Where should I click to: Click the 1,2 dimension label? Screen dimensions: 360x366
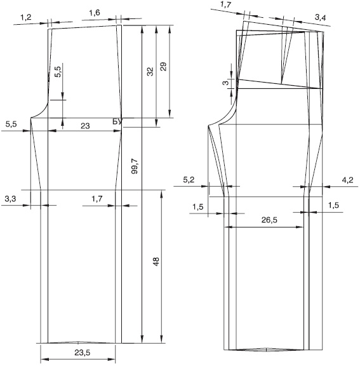click(26, 17)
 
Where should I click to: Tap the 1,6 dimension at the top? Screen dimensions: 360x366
click(95, 13)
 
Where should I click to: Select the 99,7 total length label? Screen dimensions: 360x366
click(135, 166)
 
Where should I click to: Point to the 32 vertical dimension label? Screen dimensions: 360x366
click(150, 71)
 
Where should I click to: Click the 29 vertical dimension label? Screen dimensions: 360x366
click(163, 67)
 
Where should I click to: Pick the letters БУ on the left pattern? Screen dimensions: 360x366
click(117, 121)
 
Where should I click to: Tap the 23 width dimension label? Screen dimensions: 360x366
click(85, 126)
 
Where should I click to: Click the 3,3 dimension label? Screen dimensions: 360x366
click(10, 199)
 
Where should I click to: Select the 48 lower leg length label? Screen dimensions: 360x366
click(156, 261)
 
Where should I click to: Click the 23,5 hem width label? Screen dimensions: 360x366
click(83, 353)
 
